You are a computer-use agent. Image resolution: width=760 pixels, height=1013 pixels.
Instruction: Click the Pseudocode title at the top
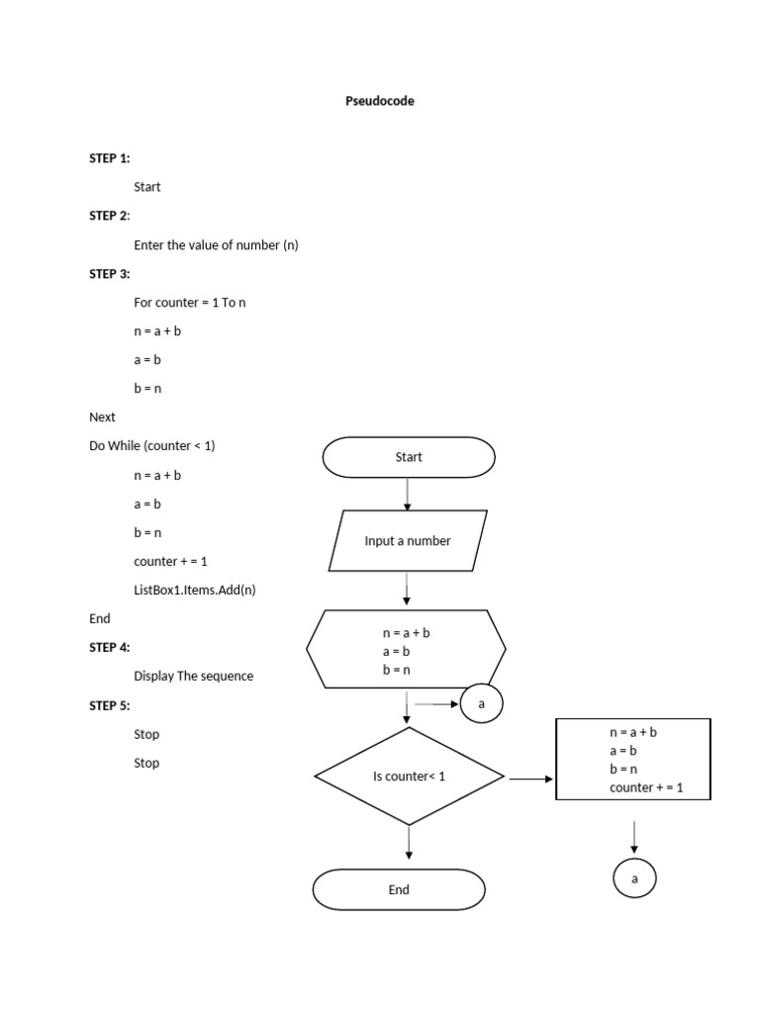pos(379,101)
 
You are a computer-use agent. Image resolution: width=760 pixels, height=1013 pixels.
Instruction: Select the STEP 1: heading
pos(110,158)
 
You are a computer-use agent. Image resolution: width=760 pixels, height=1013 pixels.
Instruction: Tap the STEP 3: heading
pos(110,274)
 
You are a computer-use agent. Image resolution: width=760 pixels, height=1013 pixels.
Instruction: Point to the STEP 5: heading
pos(110,705)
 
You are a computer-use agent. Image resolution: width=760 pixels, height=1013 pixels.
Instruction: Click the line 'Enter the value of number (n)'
pos(216,245)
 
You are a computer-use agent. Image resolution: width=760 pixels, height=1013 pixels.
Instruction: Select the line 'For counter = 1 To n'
pos(190,303)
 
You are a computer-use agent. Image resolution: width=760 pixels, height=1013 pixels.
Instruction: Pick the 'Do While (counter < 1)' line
pos(152,446)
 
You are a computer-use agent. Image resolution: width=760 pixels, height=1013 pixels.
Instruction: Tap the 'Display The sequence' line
pos(194,677)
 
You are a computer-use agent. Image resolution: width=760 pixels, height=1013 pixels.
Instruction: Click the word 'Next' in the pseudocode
pos(102,417)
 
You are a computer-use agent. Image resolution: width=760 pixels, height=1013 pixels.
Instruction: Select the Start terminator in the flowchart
pos(409,457)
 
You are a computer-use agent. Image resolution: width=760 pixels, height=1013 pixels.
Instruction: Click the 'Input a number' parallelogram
pos(407,541)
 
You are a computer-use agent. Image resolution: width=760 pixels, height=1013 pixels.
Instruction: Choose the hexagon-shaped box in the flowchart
pos(407,650)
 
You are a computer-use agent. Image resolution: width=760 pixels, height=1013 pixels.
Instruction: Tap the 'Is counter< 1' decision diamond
pos(409,777)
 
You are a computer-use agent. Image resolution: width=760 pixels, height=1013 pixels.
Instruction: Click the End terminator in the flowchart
pos(399,889)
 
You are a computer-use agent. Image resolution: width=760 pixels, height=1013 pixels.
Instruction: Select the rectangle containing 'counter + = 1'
pos(633,760)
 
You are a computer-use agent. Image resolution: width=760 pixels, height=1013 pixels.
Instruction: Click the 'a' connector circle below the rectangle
pos(634,877)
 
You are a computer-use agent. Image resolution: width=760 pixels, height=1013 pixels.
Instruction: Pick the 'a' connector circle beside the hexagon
pos(482,704)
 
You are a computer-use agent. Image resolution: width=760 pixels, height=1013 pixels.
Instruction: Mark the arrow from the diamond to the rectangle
pos(531,779)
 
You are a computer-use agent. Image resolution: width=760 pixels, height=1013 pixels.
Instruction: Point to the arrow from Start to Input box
pos(408,494)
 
